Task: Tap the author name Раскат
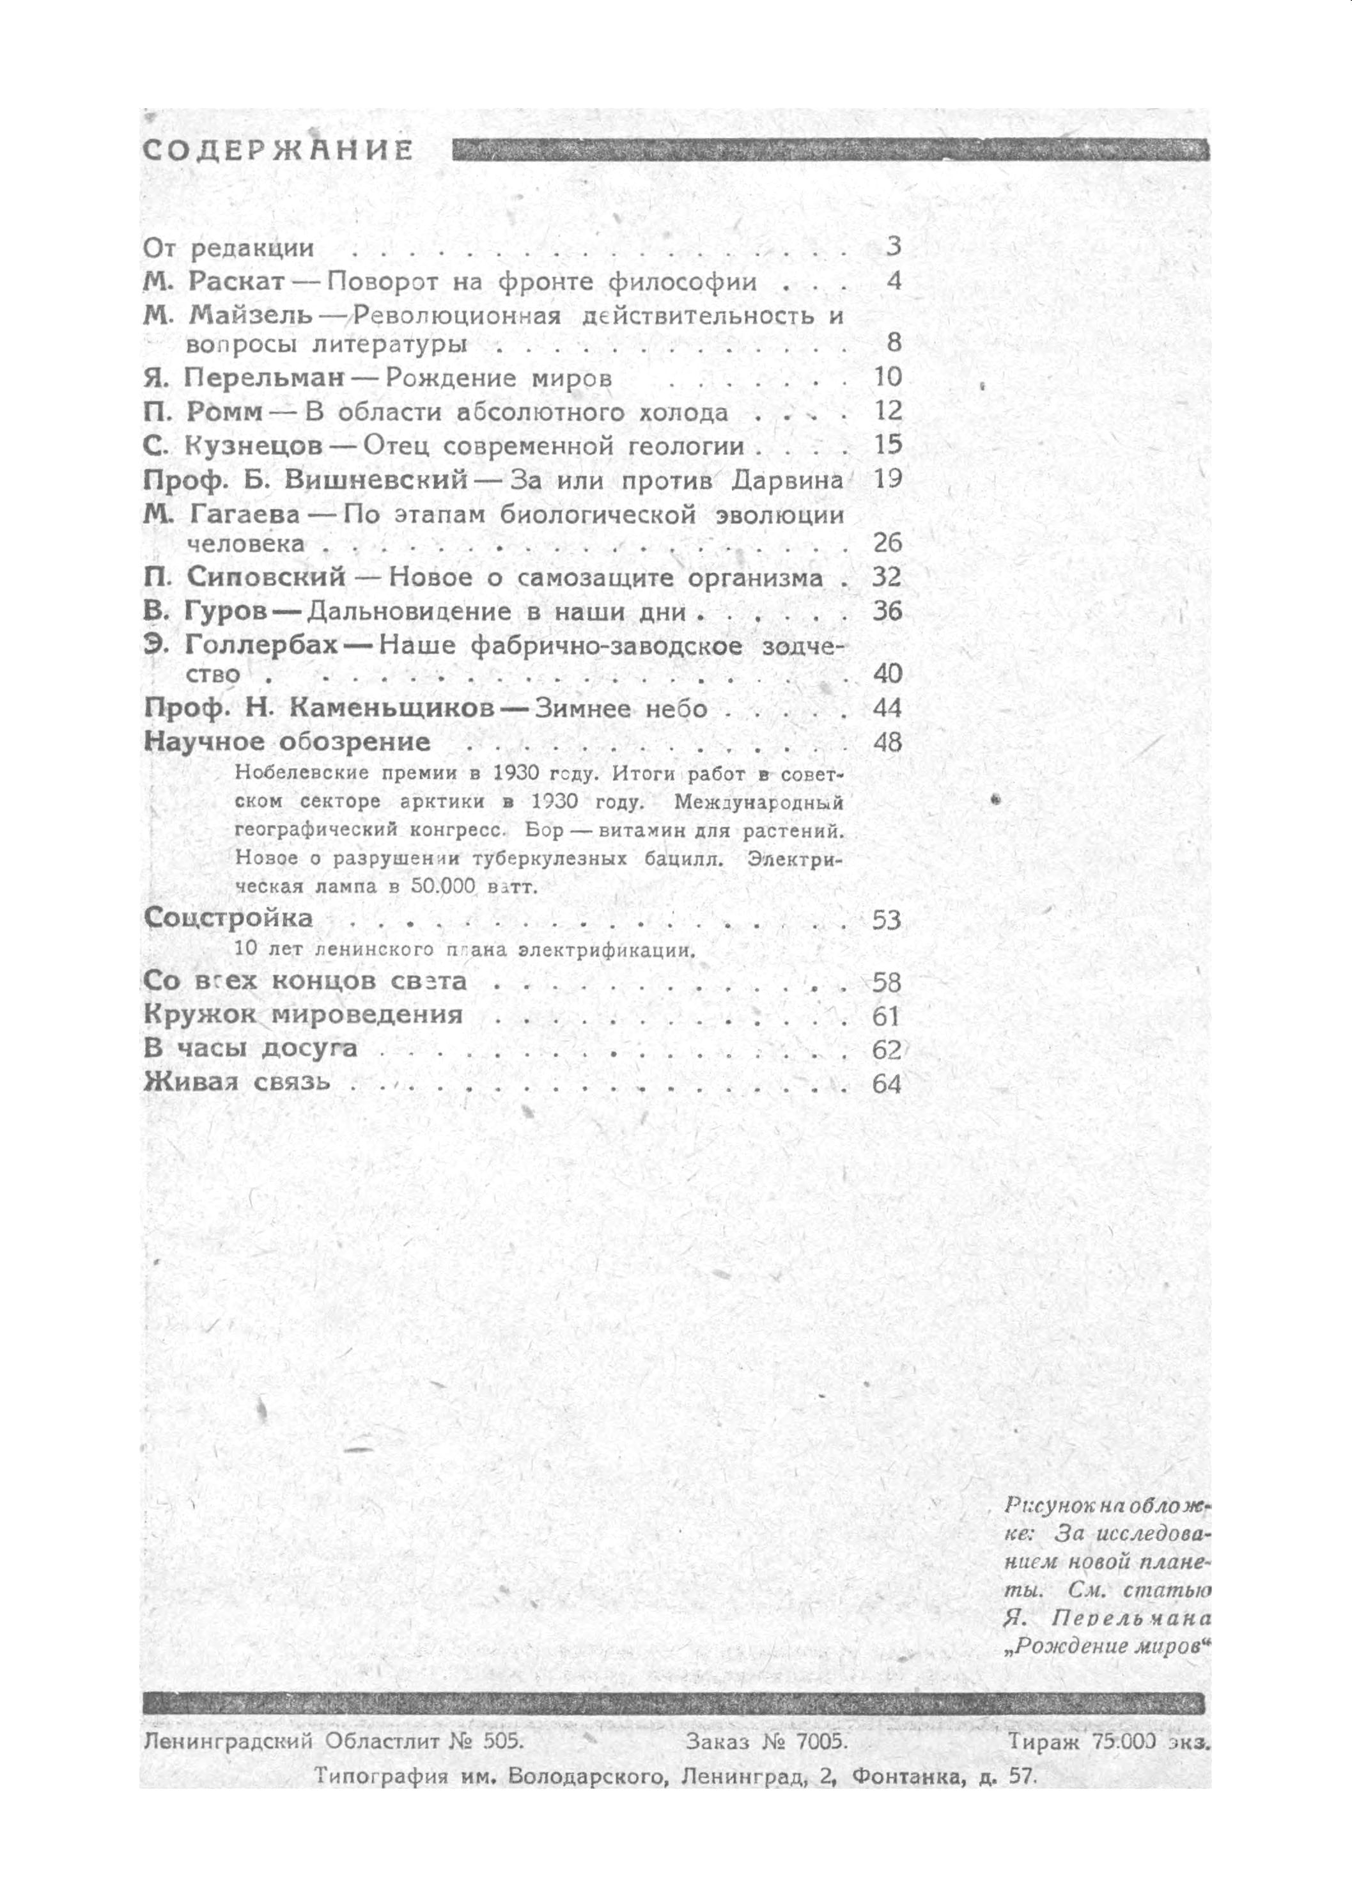pos(237,281)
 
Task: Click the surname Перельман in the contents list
pos(265,377)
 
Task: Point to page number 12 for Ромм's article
pos(889,411)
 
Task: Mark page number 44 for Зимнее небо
pos(889,709)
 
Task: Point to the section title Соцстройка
pos(229,918)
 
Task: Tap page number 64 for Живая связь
pos(887,1083)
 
